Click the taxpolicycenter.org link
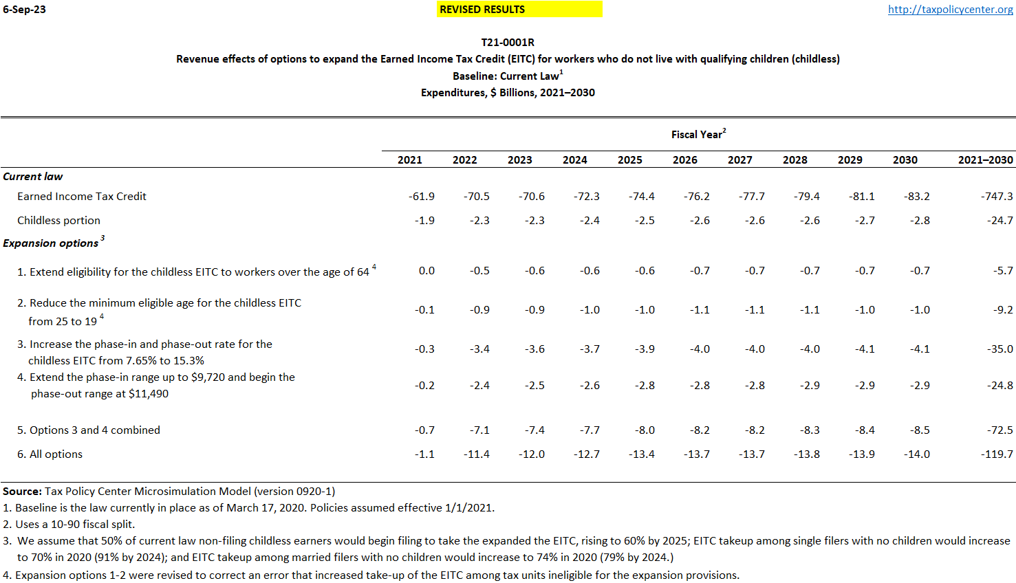click(x=950, y=10)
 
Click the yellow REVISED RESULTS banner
click(x=519, y=10)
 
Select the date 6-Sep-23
click(x=25, y=10)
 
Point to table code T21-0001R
click(x=508, y=43)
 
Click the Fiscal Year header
click(x=698, y=135)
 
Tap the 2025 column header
click(x=629, y=160)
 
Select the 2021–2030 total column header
click(x=985, y=160)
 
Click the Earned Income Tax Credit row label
click(x=82, y=197)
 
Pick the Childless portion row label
click(x=58, y=221)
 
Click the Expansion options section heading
click(x=51, y=243)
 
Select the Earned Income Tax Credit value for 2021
click(x=421, y=197)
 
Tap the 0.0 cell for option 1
click(x=426, y=271)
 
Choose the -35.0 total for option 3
click(x=999, y=349)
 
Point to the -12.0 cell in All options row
click(x=532, y=454)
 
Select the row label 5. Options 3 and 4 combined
click(x=89, y=430)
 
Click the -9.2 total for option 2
click(x=1003, y=310)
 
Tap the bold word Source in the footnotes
click(x=22, y=492)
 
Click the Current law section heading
click(x=33, y=177)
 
